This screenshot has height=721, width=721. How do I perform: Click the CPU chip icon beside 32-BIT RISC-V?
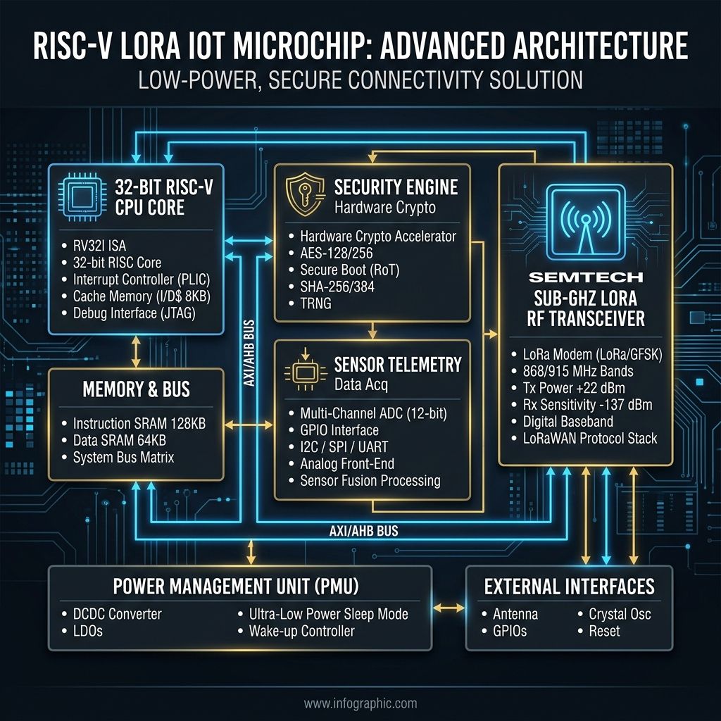tap(82, 197)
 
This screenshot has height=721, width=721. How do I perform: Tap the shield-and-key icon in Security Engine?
tap(305, 194)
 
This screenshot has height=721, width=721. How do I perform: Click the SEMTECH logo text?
tap(586, 277)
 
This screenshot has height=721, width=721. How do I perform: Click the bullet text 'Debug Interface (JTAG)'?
tap(134, 313)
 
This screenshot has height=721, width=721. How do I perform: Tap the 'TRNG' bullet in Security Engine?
tap(315, 303)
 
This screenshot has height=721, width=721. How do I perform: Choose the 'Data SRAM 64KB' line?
tap(120, 440)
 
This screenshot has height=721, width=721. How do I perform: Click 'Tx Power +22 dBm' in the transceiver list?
tap(574, 388)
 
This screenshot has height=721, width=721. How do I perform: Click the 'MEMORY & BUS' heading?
tap(136, 389)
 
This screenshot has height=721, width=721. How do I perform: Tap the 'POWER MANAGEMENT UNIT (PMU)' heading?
tap(236, 587)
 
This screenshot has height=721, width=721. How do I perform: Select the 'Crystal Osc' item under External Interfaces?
tap(620, 614)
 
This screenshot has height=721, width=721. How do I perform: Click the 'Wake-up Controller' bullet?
tap(301, 631)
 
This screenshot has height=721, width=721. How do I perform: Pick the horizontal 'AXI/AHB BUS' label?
tap(364, 531)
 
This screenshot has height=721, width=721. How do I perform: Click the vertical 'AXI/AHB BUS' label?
tap(249, 353)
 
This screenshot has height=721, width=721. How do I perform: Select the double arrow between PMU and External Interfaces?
tap(449, 608)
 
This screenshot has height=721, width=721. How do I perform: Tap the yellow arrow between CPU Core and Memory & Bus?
tap(136, 351)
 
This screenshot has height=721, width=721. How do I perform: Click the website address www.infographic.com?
tap(360, 703)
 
